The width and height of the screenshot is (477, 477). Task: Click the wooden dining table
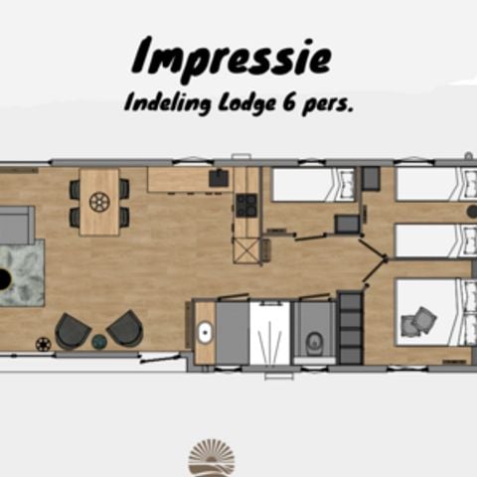tap(99, 201)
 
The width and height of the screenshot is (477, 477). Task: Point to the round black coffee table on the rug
tap(4, 279)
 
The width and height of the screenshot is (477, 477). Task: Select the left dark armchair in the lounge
tap(73, 329)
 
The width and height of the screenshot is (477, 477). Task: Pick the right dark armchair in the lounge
tap(124, 327)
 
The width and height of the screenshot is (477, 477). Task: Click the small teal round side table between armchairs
tap(99, 341)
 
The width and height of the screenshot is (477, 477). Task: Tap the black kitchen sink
tap(219, 180)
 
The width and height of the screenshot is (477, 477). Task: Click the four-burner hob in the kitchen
tap(245, 205)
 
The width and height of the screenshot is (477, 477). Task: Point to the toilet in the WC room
tap(314, 342)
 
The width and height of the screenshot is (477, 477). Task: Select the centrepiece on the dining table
tap(99, 202)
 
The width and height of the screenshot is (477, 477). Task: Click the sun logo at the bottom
tap(212, 459)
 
